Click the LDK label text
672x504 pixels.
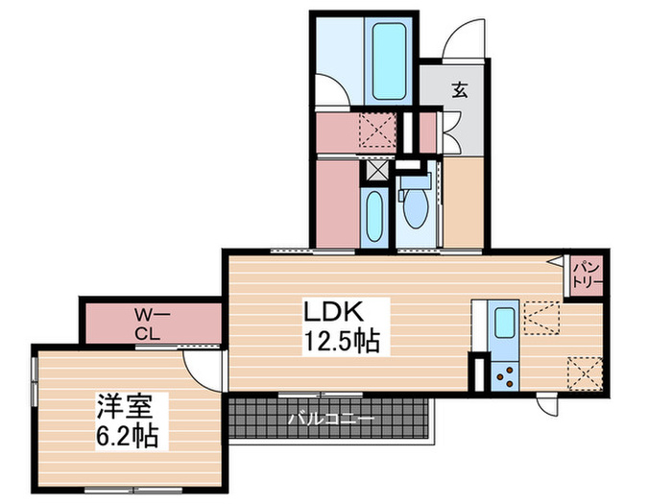332,312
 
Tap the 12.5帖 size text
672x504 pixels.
342,340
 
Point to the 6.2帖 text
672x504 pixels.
126,435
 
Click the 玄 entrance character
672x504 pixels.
460,91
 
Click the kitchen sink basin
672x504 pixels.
502,324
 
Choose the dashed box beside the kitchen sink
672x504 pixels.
542,317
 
